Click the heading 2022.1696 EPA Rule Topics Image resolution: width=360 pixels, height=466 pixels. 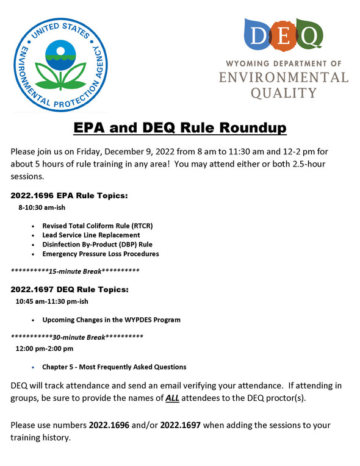click(69, 196)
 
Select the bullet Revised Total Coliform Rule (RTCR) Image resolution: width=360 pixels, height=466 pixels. click(97, 226)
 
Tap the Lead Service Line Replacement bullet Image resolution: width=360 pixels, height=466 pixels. click(91, 235)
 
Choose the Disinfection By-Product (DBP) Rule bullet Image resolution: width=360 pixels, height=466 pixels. click(97, 244)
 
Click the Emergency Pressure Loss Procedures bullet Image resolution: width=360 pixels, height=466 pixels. click(101, 254)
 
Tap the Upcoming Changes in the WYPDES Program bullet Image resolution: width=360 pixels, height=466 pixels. click(111, 320)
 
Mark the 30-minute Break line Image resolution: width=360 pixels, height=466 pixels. click(77, 336)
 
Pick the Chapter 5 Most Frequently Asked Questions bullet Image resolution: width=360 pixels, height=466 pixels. click(114, 367)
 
